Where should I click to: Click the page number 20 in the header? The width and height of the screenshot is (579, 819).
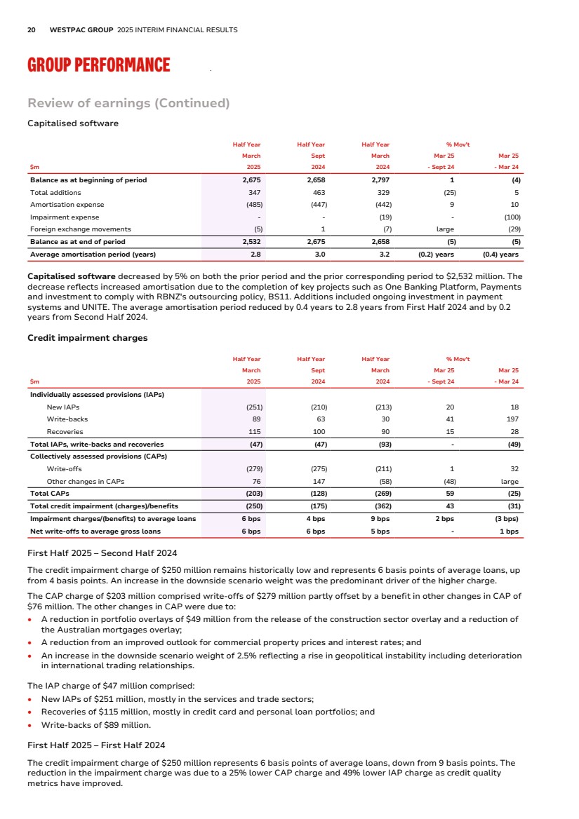point(32,30)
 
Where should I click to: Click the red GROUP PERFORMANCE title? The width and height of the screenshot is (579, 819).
point(98,66)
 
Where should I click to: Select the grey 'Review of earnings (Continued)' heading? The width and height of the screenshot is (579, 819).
point(128,104)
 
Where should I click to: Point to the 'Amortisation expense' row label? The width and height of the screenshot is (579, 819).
point(67,205)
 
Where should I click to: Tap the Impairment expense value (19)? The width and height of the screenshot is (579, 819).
point(382,217)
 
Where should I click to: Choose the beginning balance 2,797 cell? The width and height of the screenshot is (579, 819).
point(380,180)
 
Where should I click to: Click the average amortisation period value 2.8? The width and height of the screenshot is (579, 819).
point(255,254)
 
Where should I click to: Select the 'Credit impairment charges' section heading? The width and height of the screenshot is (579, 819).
point(87,338)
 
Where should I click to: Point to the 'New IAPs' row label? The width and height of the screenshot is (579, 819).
point(62,407)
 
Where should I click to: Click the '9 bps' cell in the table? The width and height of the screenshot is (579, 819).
point(380,519)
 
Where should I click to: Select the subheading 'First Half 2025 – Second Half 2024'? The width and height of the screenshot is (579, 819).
point(102,553)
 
